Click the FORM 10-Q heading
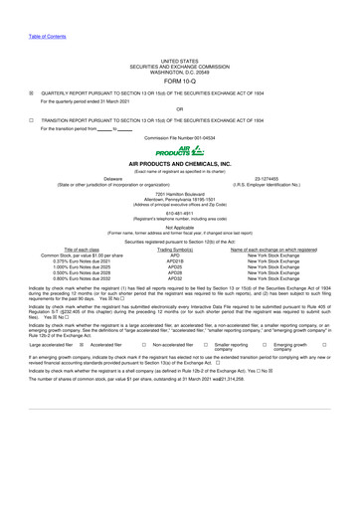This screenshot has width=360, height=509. pyautogui.click(x=179, y=56)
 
